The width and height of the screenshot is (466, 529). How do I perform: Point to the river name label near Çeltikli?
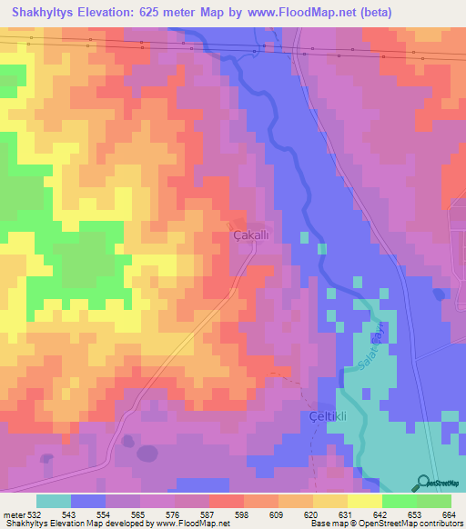point(364,349)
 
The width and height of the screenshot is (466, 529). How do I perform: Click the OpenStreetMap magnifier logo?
point(425,483)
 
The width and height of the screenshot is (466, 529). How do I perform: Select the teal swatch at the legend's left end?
point(54,501)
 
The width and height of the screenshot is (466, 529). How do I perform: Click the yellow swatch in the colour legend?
point(364,501)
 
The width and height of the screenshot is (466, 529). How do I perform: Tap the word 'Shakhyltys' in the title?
point(43,12)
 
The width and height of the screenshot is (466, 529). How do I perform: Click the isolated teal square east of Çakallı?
point(321,249)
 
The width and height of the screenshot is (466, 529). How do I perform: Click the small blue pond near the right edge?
point(440,293)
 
